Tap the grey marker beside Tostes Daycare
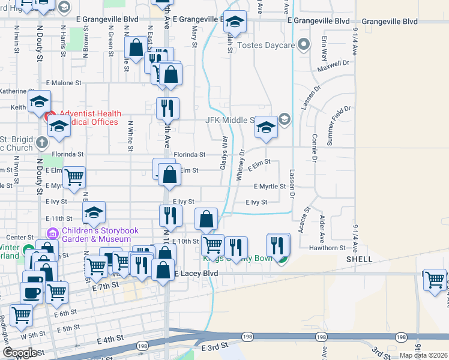(x=304, y=44)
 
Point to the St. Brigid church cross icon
(x=41, y=143)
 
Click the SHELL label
(x=360, y=259)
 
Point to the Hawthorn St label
(x=327, y=247)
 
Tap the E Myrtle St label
(x=269, y=187)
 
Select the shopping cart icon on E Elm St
(x=74, y=177)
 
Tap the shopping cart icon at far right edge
(x=435, y=279)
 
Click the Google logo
(x=20, y=353)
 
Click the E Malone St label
(x=63, y=83)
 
